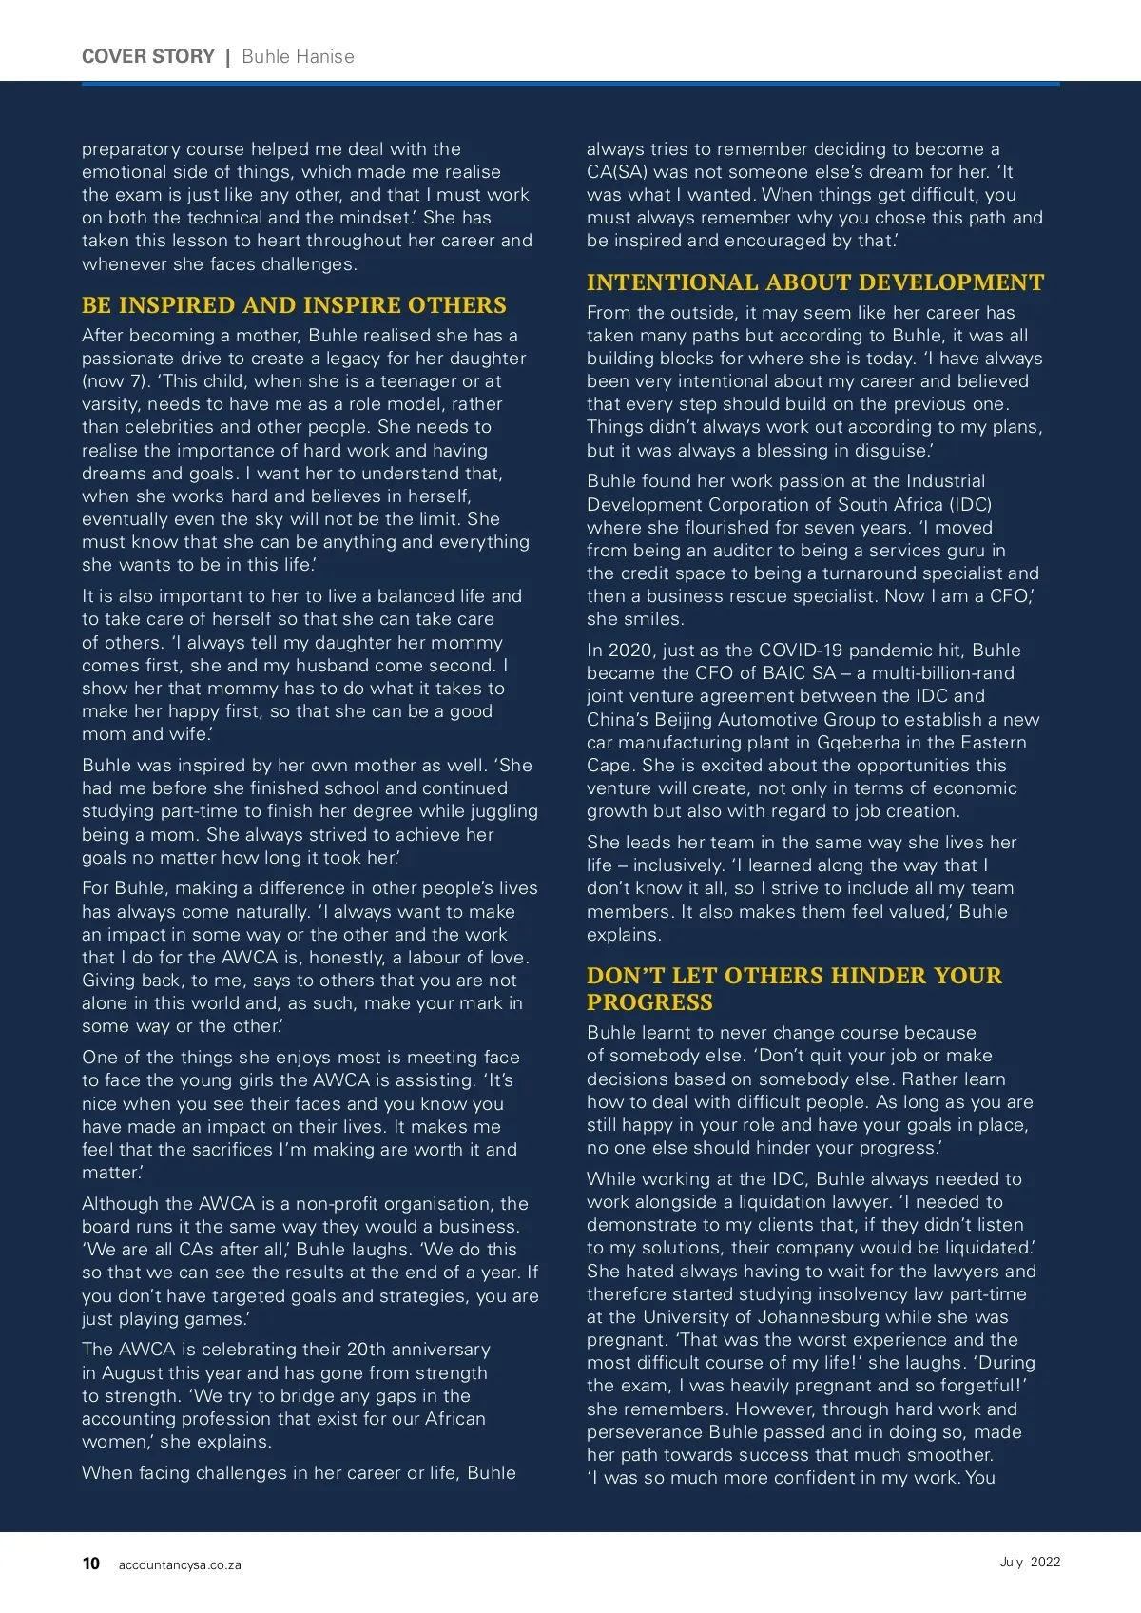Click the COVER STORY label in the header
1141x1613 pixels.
148,56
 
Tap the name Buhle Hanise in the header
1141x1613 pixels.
298,56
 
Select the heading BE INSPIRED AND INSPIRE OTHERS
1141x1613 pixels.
294,305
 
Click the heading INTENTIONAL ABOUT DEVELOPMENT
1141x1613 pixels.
815,282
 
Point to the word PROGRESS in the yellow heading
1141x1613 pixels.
649,1002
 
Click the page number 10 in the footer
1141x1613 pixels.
91,1564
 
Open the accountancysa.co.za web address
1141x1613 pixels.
180,1564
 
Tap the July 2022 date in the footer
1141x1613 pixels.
1030,1562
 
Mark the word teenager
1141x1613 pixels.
420,381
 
